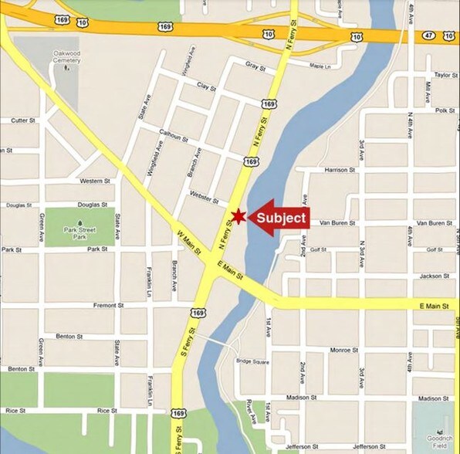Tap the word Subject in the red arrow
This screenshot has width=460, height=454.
281,218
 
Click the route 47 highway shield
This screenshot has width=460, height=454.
428,36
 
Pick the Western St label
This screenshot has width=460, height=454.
96,181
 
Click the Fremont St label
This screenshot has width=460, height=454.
108,306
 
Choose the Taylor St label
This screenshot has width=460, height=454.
445,75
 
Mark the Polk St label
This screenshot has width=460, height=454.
445,110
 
